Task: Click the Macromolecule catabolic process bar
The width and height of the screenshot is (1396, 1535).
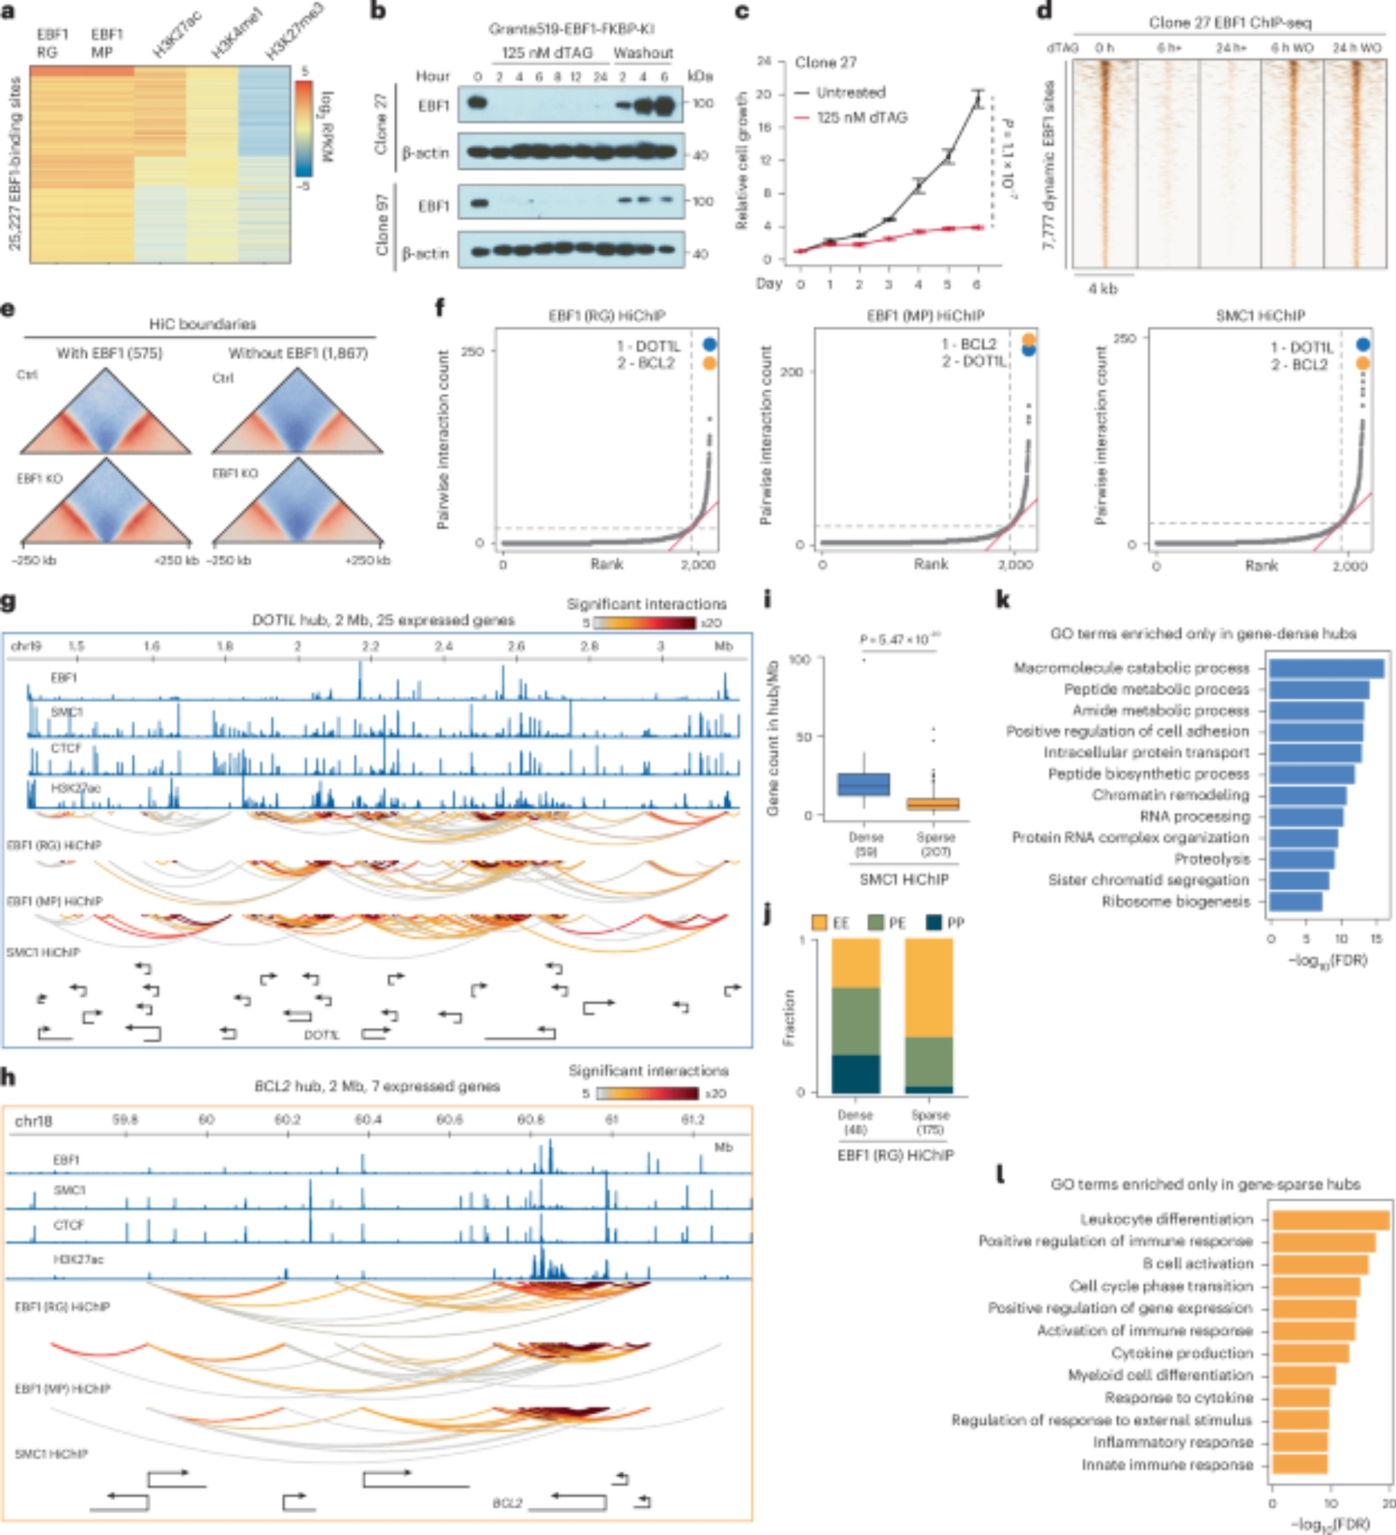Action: tap(1326, 668)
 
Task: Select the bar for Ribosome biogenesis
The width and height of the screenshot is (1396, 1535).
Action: tap(1295, 901)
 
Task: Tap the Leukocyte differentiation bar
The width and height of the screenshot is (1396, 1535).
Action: tap(1330, 1220)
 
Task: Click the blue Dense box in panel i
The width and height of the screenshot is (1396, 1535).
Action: tap(864, 784)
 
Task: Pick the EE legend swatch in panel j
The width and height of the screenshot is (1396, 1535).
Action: tap(819, 923)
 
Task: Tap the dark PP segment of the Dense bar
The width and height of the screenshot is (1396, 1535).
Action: tap(855, 1074)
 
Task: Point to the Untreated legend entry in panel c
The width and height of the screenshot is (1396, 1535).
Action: tap(850, 92)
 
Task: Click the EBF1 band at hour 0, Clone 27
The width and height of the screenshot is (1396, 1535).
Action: tap(478, 103)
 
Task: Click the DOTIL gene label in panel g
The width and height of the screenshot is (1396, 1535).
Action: tap(321, 1035)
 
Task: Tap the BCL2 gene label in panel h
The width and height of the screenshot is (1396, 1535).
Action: tap(508, 1503)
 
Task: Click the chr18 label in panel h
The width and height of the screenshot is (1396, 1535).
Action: tap(34, 1121)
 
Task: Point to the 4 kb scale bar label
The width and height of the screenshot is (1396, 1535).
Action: tap(1103, 289)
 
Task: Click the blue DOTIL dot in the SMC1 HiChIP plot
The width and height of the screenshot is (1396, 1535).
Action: tap(1363, 345)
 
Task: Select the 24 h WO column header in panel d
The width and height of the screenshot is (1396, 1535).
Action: tap(1356, 48)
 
